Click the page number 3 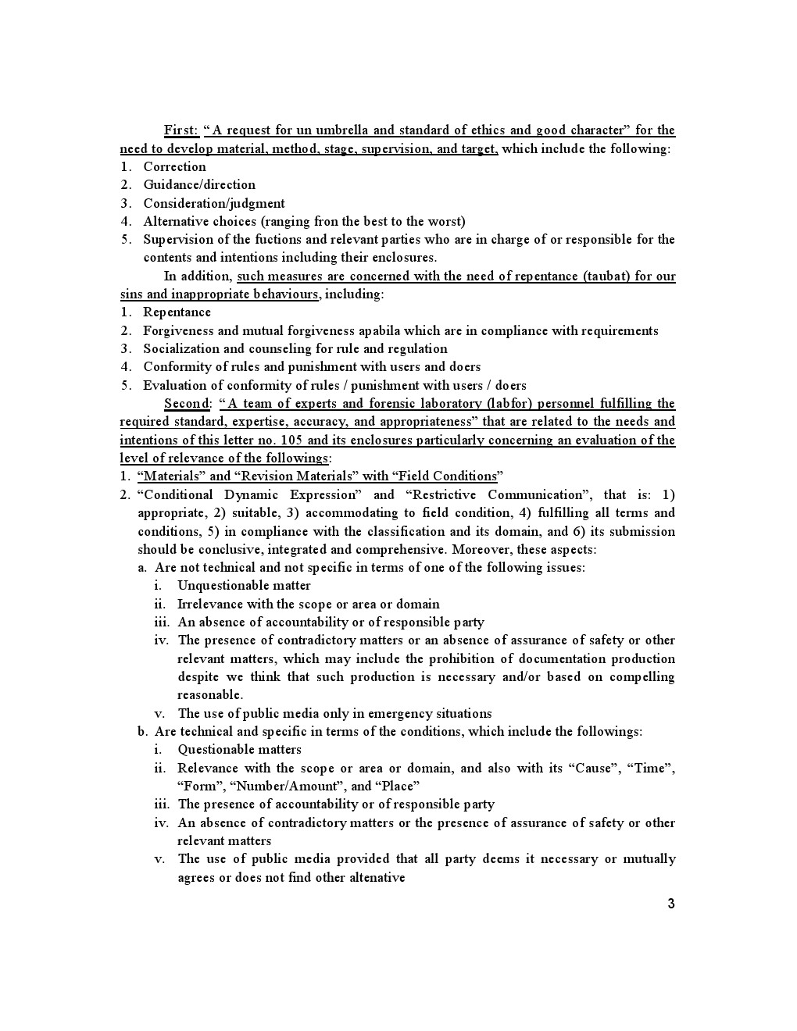[x=671, y=904]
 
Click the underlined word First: [x=180, y=130]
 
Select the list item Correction [x=174, y=166]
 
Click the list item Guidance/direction [x=199, y=185]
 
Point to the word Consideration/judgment [x=213, y=203]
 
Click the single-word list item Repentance [x=177, y=312]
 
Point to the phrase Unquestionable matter [x=244, y=586]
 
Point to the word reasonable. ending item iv [x=209, y=695]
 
